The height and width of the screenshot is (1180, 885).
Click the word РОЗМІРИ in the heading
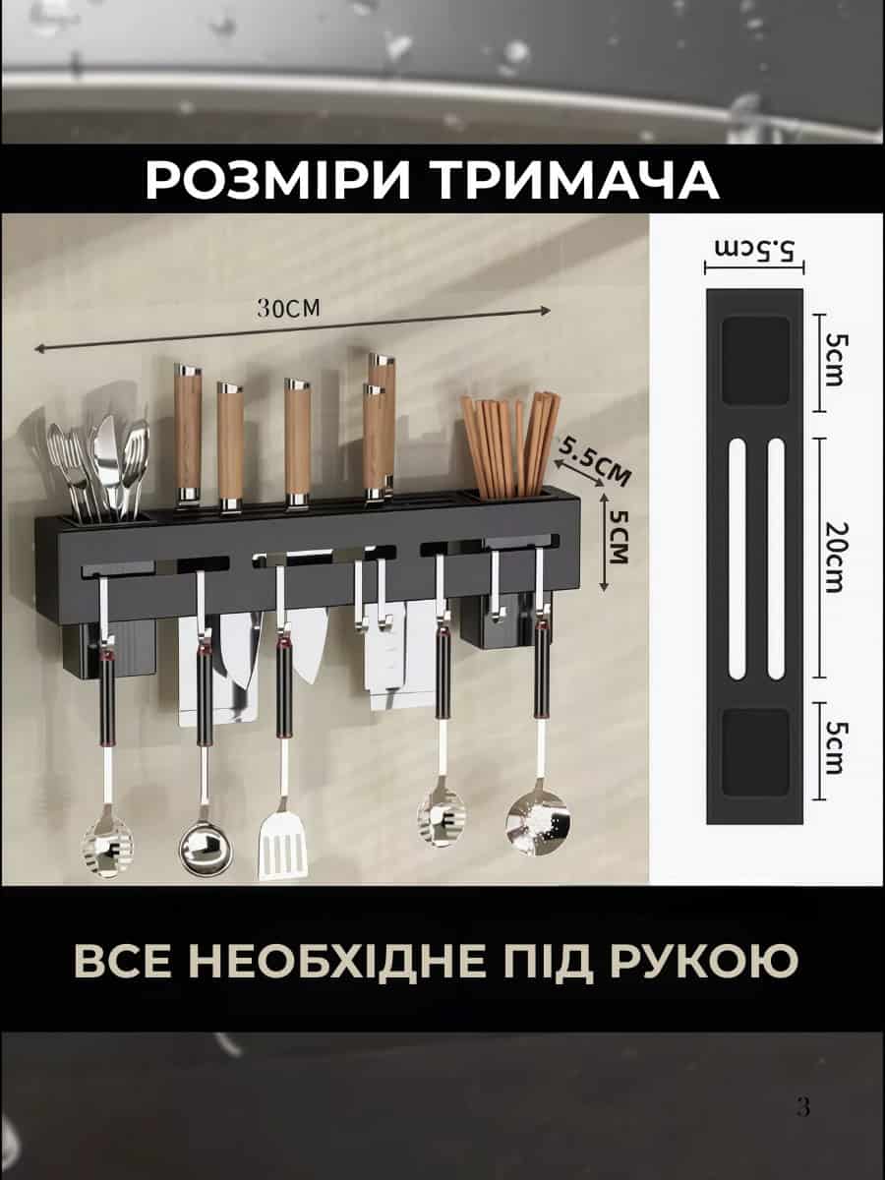pyautogui.click(x=277, y=180)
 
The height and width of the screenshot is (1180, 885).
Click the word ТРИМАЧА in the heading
pyautogui.click(x=576, y=180)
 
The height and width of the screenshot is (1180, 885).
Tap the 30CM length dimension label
pyautogui.click(x=288, y=308)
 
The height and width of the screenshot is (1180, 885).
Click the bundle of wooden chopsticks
pyautogui.click(x=510, y=445)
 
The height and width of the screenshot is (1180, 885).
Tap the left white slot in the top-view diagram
pyautogui.click(x=736, y=559)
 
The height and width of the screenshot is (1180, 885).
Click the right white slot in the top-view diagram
pyautogui.click(x=776, y=559)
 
